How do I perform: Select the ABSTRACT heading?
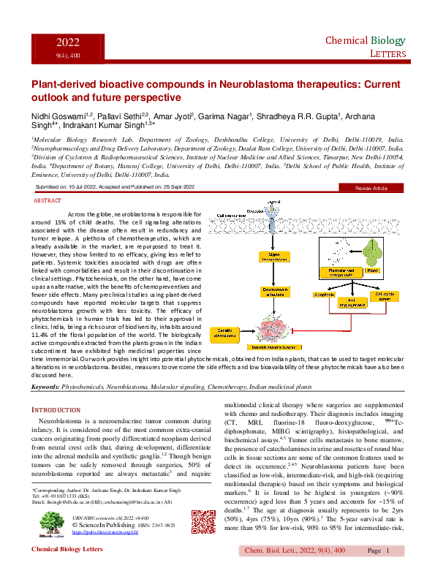click(x=48, y=199)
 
